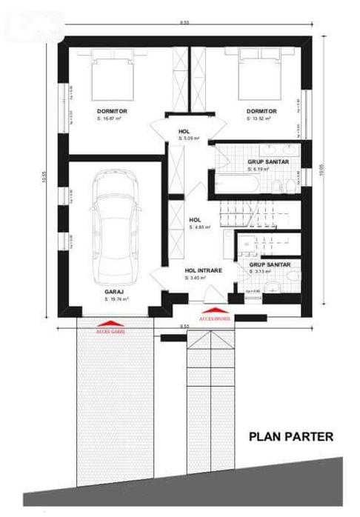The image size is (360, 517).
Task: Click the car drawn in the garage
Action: click(114, 230)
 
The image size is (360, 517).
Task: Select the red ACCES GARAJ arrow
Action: click(110, 323)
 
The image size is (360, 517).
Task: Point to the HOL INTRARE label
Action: click(200, 271)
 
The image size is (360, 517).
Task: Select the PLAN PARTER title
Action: click(290, 436)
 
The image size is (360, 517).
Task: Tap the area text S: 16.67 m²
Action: click(112, 118)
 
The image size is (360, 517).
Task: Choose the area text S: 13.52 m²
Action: click(257, 118)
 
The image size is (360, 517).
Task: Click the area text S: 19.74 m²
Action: click(116, 299)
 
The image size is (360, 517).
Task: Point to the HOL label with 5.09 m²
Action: click(184, 132)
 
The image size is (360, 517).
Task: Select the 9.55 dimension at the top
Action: click(183, 23)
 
